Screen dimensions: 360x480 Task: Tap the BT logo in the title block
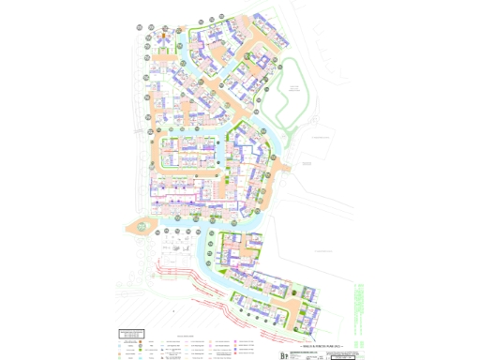286,355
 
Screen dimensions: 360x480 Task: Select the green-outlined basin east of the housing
293,94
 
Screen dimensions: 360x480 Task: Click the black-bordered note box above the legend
132,333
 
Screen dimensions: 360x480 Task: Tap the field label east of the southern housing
323,251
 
